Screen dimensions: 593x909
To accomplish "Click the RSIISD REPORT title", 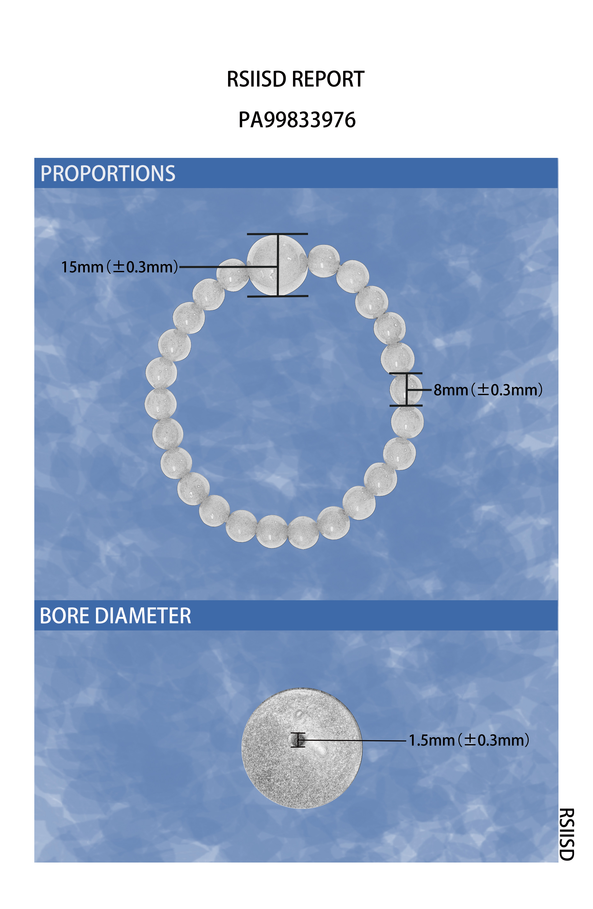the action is [x=295, y=79].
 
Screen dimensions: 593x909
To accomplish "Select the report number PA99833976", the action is [x=297, y=120].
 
